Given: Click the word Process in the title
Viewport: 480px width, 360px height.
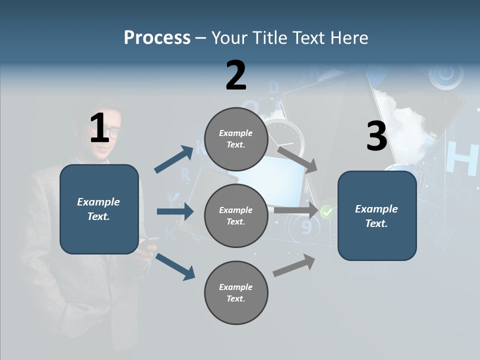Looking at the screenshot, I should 157,37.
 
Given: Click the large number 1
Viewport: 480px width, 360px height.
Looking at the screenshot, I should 99,128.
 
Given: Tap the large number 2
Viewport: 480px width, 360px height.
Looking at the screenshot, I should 236,75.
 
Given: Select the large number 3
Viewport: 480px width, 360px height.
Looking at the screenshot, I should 376,137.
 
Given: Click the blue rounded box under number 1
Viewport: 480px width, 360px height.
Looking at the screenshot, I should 99,209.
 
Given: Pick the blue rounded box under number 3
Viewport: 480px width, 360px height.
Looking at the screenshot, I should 377,216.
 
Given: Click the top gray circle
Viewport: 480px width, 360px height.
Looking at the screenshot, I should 236,139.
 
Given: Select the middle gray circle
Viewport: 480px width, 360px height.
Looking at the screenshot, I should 236,215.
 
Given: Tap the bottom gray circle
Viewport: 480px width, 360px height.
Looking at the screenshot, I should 236,292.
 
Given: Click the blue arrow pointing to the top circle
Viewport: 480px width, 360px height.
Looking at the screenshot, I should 174,159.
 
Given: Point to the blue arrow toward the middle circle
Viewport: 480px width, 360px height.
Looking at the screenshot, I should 175,211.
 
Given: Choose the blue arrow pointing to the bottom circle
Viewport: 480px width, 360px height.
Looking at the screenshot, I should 175,266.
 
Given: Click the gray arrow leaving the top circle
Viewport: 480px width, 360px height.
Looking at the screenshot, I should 297,159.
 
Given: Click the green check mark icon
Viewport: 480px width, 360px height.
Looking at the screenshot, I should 327,212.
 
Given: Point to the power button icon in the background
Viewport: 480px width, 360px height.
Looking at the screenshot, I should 442,74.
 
